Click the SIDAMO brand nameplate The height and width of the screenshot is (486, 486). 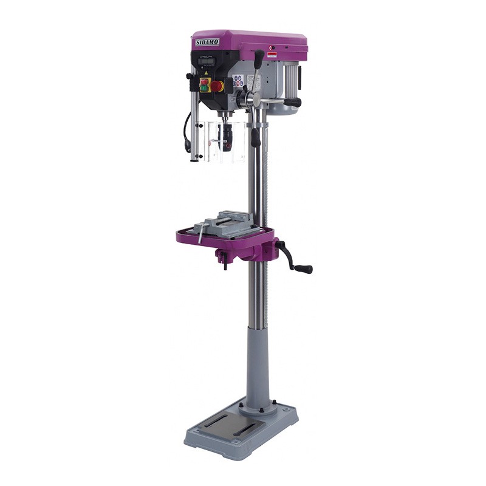click(207, 41)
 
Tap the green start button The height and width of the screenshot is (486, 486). click(205, 88)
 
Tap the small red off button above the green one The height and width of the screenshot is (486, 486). click(205, 81)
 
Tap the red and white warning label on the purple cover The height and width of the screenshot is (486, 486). click(273, 55)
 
